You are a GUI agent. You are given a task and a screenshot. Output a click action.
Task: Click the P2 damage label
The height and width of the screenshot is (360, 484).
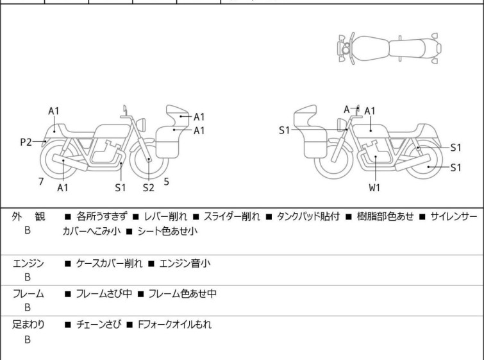pyautogui.click(x=26, y=142)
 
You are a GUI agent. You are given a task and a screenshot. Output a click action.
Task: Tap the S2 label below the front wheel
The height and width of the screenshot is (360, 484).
pyautogui.click(x=149, y=187)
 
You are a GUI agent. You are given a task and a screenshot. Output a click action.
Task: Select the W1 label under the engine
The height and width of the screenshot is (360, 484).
pyautogui.click(x=374, y=187)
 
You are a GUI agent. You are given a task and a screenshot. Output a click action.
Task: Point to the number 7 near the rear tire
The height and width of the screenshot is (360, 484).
pyautogui.click(x=41, y=182)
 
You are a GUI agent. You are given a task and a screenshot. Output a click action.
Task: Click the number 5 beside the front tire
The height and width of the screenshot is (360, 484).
pyautogui.click(x=167, y=182)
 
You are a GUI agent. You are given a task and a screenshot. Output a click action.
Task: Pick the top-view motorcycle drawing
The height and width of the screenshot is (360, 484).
pyautogui.click(x=389, y=49)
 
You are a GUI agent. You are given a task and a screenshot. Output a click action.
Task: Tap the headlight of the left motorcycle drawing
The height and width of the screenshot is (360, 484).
pyautogui.click(x=141, y=124)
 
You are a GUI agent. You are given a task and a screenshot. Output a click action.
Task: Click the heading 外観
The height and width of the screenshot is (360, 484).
pyautogui.click(x=28, y=217)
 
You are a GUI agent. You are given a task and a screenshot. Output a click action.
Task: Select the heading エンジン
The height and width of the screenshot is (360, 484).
pyautogui.click(x=28, y=264)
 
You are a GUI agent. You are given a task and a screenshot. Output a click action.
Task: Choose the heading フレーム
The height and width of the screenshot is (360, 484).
pyautogui.click(x=28, y=294)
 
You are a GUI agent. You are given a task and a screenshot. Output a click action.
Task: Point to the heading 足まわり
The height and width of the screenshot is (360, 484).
pyautogui.click(x=28, y=325)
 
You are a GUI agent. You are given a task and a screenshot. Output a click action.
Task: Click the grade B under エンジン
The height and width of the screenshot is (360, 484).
pyautogui.click(x=28, y=277)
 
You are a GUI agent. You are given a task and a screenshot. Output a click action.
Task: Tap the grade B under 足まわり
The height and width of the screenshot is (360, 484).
pyautogui.click(x=28, y=339)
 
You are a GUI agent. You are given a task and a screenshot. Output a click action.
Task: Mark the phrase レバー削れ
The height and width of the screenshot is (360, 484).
pyautogui.click(x=165, y=217)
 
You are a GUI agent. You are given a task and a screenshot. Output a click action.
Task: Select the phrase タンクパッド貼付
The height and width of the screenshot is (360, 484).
pyautogui.click(x=308, y=217)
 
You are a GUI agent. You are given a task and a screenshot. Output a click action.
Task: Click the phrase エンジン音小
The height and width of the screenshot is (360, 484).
pyautogui.click(x=185, y=264)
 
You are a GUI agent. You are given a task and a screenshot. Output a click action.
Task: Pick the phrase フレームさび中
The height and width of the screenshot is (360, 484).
pyautogui.click(x=104, y=294)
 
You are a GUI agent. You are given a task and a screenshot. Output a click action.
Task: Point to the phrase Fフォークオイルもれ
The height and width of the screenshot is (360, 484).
pyautogui.click(x=175, y=325)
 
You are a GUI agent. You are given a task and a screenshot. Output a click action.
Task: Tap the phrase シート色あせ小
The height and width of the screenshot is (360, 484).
pyautogui.click(x=167, y=231)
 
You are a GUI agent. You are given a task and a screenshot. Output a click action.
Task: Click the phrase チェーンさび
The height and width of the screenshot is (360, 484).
pyautogui.click(x=99, y=325)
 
